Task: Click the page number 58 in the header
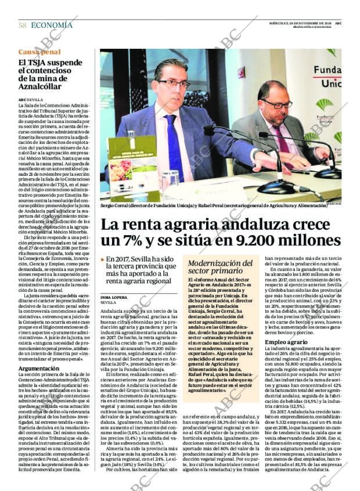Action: pos(23,25)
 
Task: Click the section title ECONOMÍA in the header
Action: pos(52,25)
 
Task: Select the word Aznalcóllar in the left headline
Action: pos(41,86)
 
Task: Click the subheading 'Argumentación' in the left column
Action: pos(42,368)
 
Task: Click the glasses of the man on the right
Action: pos(277,104)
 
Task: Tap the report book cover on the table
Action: pos(132,168)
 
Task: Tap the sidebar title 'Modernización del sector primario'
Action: pos(221,267)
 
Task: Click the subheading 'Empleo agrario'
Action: pos(287,342)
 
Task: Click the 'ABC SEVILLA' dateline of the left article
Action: pos(31,99)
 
